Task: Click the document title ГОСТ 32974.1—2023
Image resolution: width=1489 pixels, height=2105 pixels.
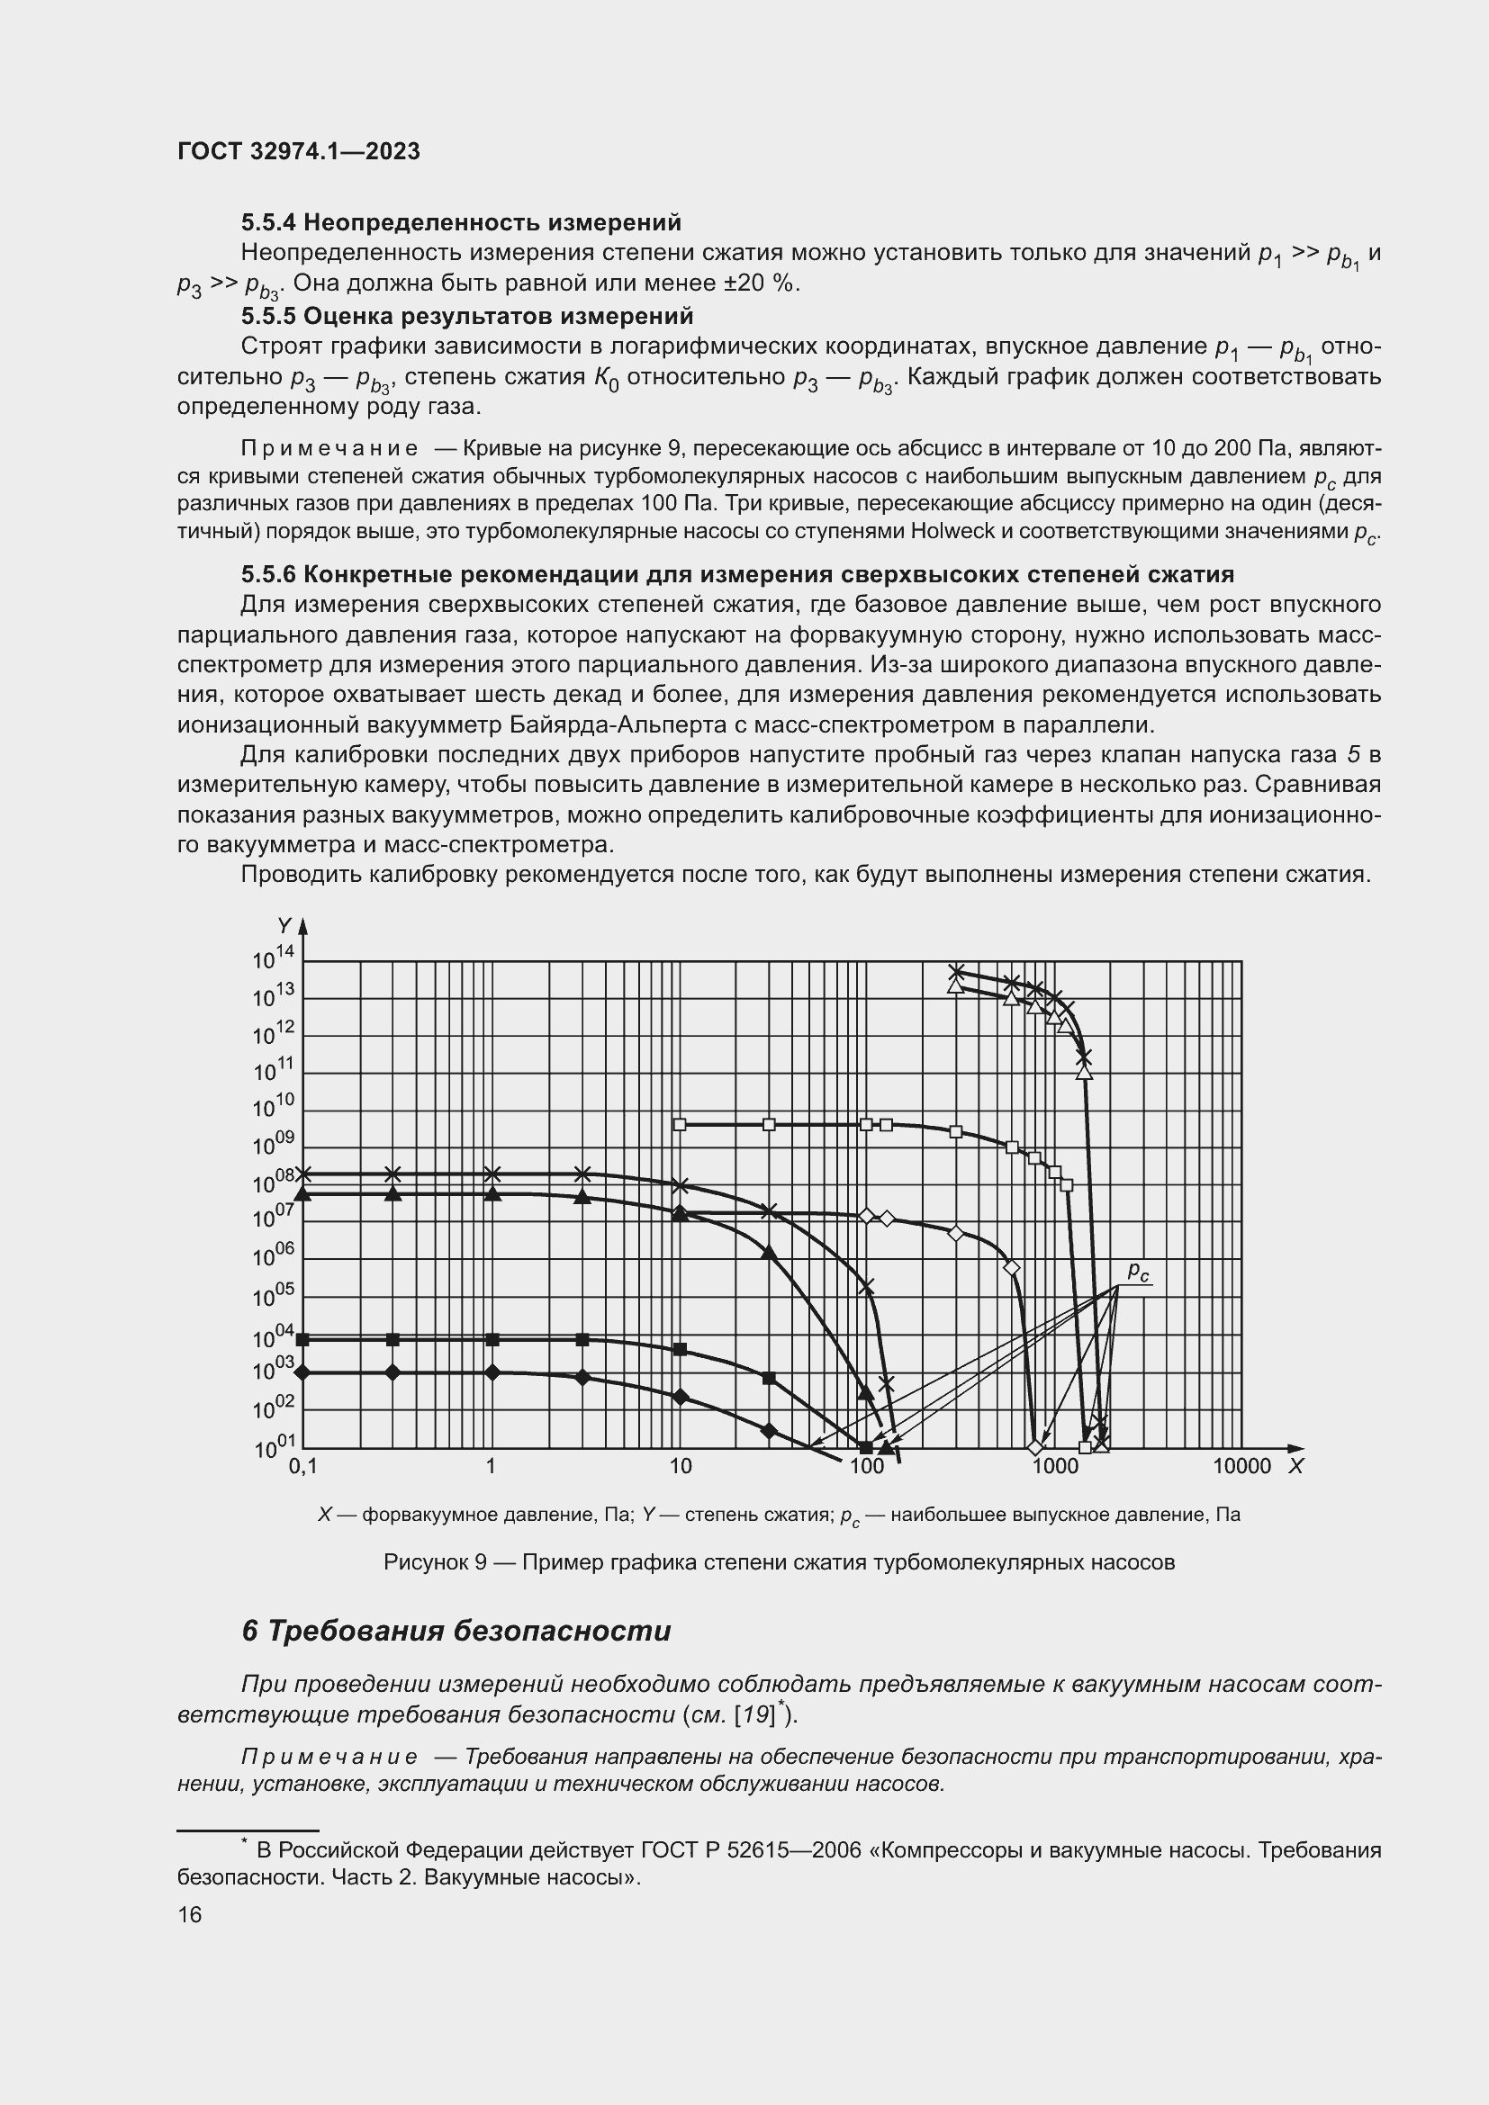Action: (x=298, y=151)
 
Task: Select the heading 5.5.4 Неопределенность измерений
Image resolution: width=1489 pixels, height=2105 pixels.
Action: (x=461, y=222)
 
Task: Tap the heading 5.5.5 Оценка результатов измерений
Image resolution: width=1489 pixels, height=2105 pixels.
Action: (x=466, y=315)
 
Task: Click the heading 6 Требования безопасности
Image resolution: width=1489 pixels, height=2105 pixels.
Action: (x=456, y=1630)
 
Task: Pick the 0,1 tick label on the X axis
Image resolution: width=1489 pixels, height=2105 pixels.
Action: (x=302, y=1466)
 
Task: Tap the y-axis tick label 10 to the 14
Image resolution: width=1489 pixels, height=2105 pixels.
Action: (x=272, y=958)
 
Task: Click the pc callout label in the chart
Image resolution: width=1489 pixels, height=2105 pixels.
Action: (x=1138, y=1271)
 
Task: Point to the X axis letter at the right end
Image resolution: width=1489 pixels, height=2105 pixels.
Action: (x=1295, y=1466)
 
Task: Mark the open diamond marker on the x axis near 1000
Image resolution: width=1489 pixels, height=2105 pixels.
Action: (x=1035, y=1448)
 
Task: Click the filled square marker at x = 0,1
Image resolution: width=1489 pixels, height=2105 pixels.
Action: (x=303, y=1339)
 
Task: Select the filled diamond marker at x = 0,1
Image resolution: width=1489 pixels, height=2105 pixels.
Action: (x=303, y=1372)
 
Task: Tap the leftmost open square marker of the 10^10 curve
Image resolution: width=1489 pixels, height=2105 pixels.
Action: (x=680, y=1124)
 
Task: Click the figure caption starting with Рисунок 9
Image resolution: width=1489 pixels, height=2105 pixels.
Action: (x=779, y=1562)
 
